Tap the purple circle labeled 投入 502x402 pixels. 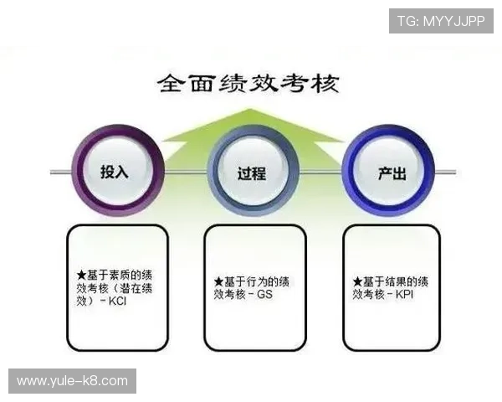click(115, 171)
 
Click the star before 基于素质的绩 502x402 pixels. click(81, 273)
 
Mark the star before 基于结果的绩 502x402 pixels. click(357, 281)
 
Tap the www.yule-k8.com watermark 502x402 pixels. click(73, 382)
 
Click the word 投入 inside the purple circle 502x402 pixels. click(115, 173)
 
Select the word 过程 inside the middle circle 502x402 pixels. click(252, 173)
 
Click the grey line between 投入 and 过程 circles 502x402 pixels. click(184, 172)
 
